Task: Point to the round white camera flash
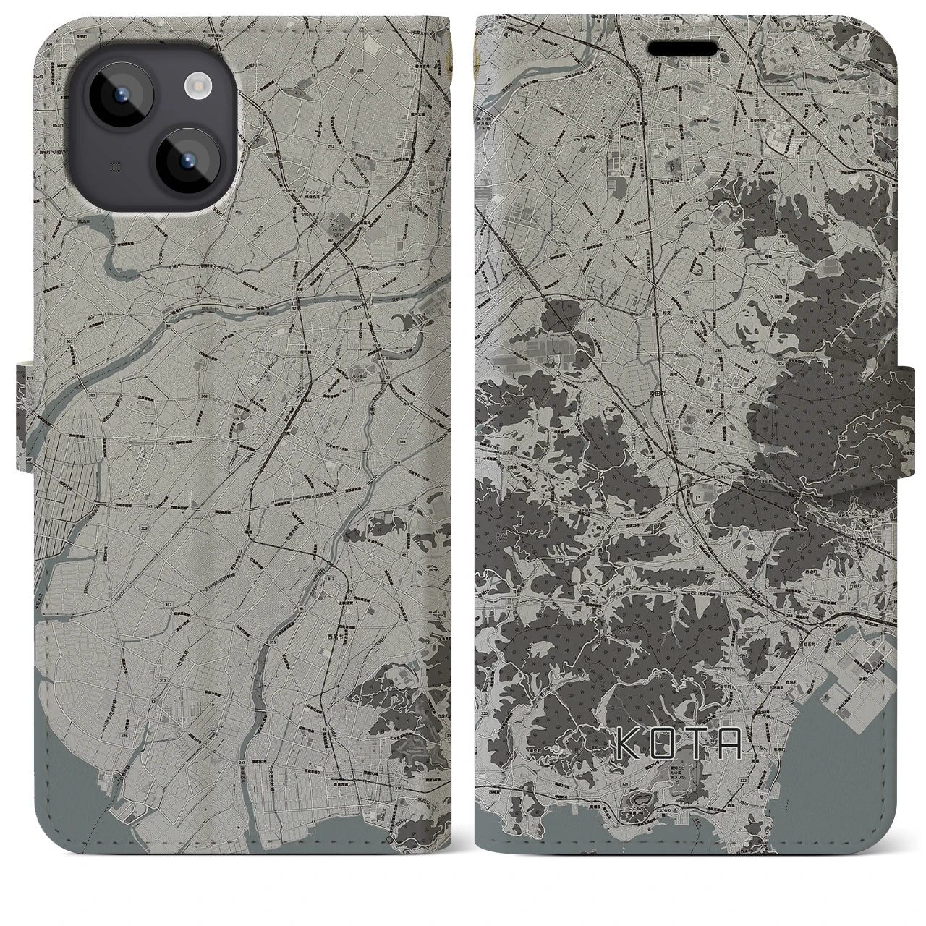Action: pos(196,87)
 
